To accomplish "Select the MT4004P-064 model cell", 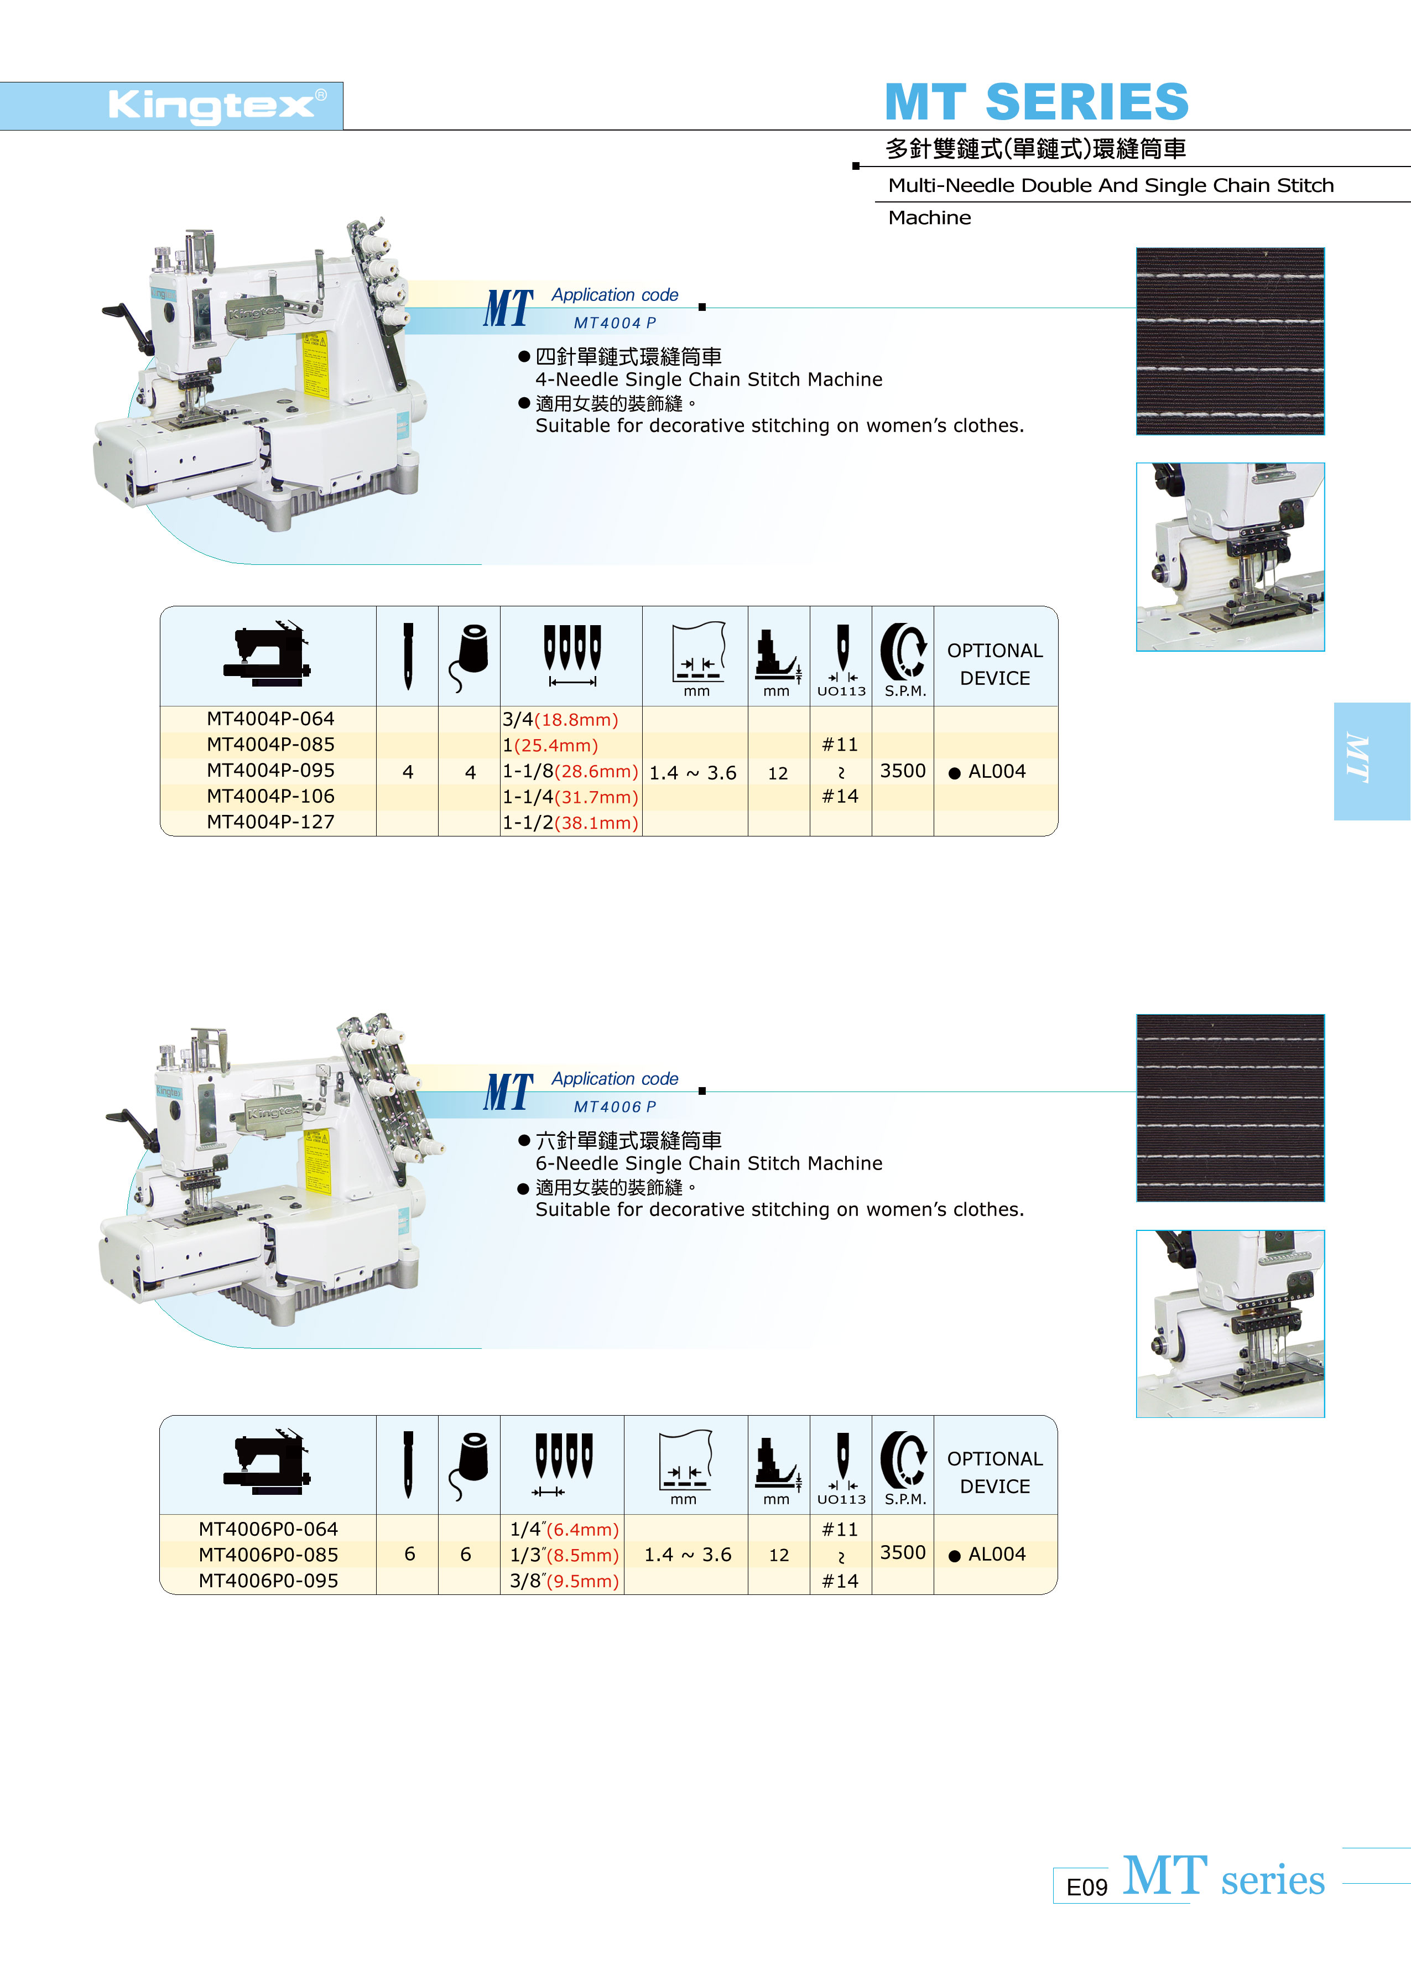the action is click(x=270, y=719).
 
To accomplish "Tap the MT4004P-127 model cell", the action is click(x=270, y=822).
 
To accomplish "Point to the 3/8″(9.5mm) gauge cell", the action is click(x=565, y=1581).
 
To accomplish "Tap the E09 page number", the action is click(x=1086, y=1887).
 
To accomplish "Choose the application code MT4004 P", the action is click(x=615, y=323).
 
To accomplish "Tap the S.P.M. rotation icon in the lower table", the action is click(x=904, y=1458).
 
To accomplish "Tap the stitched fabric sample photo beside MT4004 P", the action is click(x=1230, y=341).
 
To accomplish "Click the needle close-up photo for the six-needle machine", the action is click(x=1230, y=1323).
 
